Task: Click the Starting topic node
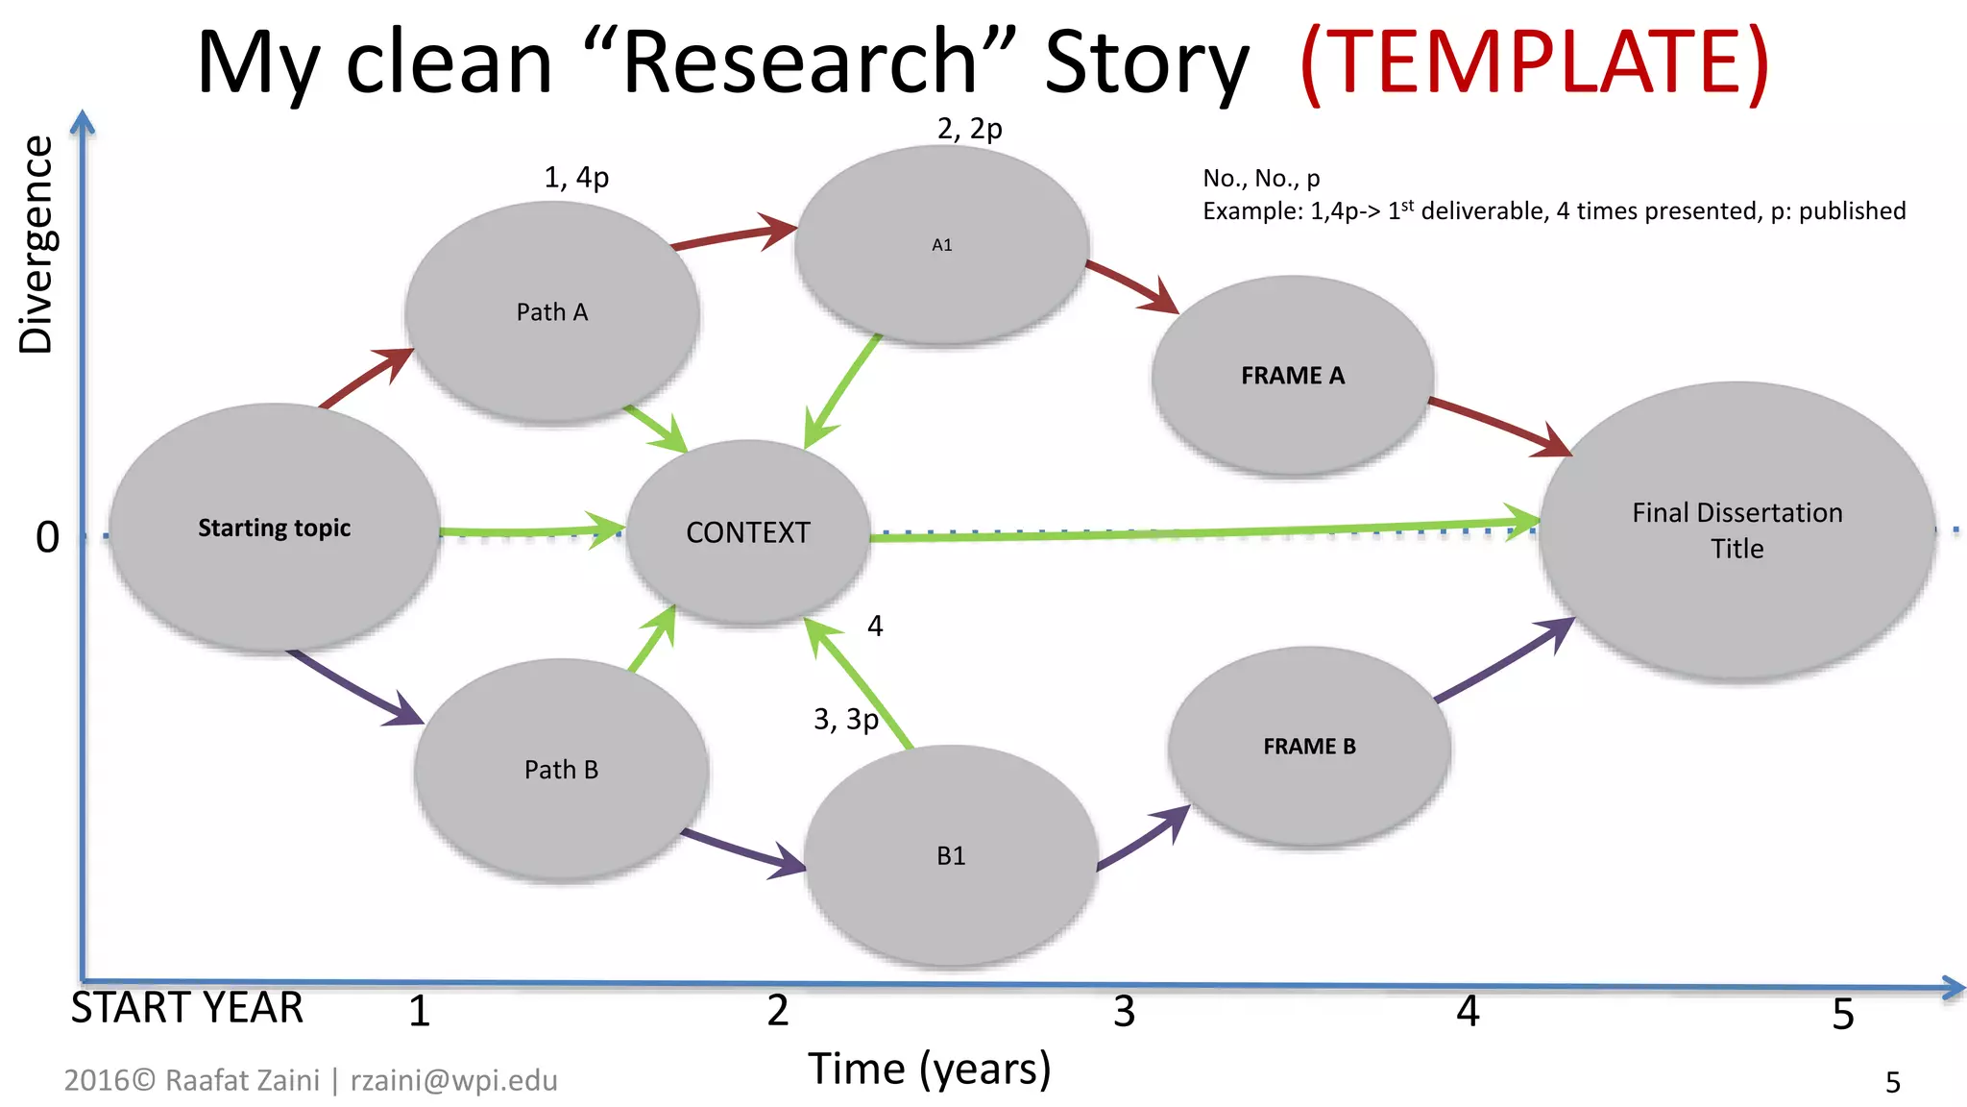(x=275, y=528)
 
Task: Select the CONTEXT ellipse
(x=748, y=532)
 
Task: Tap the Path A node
(x=551, y=312)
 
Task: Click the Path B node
(x=561, y=770)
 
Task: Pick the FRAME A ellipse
(x=1292, y=376)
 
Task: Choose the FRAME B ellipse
(x=1309, y=747)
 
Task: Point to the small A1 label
(x=941, y=245)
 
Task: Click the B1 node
(x=951, y=856)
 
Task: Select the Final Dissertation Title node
(x=1736, y=530)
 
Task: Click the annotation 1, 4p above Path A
(x=576, y=178)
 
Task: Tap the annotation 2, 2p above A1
(x=969, y=128)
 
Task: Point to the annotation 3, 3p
(x=845, y=719)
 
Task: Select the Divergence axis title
(x=36, y=244)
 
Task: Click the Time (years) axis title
(x=929, y=1069)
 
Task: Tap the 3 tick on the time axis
(x=1124, y=1012)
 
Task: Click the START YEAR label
(x=187, y=1008)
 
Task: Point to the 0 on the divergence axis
(x=47, y=537)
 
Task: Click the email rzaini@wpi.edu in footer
(x=453, y=1080)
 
